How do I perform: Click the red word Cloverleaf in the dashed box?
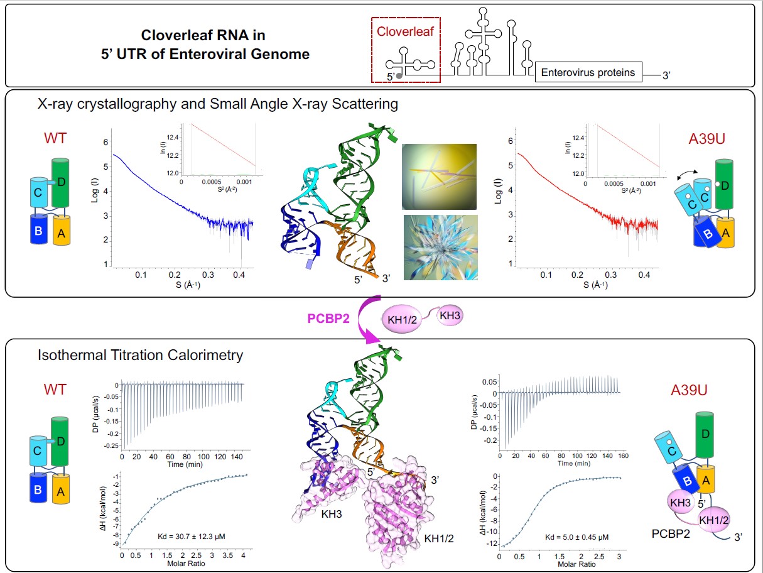tap(406, 31)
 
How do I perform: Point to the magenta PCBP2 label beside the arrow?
tap(328, 318)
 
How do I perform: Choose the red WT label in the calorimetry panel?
tap(55, 390)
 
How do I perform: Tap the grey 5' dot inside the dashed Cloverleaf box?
tap(399, 75)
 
